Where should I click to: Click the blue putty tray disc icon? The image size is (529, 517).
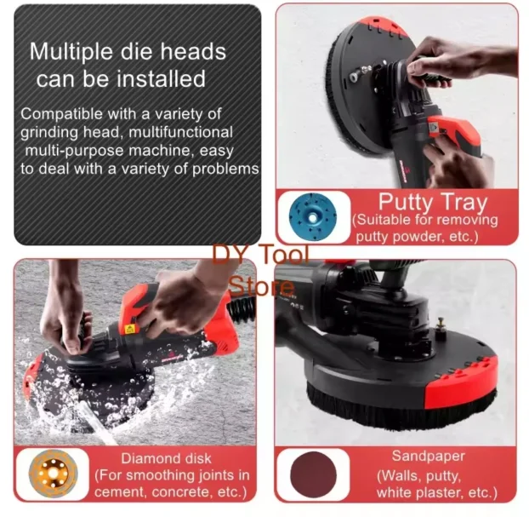(x=314, y=217)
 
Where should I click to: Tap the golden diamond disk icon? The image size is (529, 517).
(x=54, y=474)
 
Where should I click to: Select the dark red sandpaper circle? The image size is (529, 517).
(x=314, y=474)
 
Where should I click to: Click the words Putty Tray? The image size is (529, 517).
(x=433, y=203)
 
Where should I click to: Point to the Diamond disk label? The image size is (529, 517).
(x=166, y=458)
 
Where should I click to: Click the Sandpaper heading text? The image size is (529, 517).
(x=429, y=457)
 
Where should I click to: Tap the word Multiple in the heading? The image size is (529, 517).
(x=71, y=52)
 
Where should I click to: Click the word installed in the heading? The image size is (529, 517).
(x=161, y=78)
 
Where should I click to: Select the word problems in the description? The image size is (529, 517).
(x=225, y=169)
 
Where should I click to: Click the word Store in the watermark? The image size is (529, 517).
(x=261, y=286)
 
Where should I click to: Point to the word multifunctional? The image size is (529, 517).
(x=181, y=132)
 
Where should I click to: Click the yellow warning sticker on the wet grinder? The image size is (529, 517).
(x=130, y=329)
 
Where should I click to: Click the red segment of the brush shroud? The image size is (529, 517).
(x=462, y=384)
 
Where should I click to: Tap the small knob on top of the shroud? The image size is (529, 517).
(x=440, y=325)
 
